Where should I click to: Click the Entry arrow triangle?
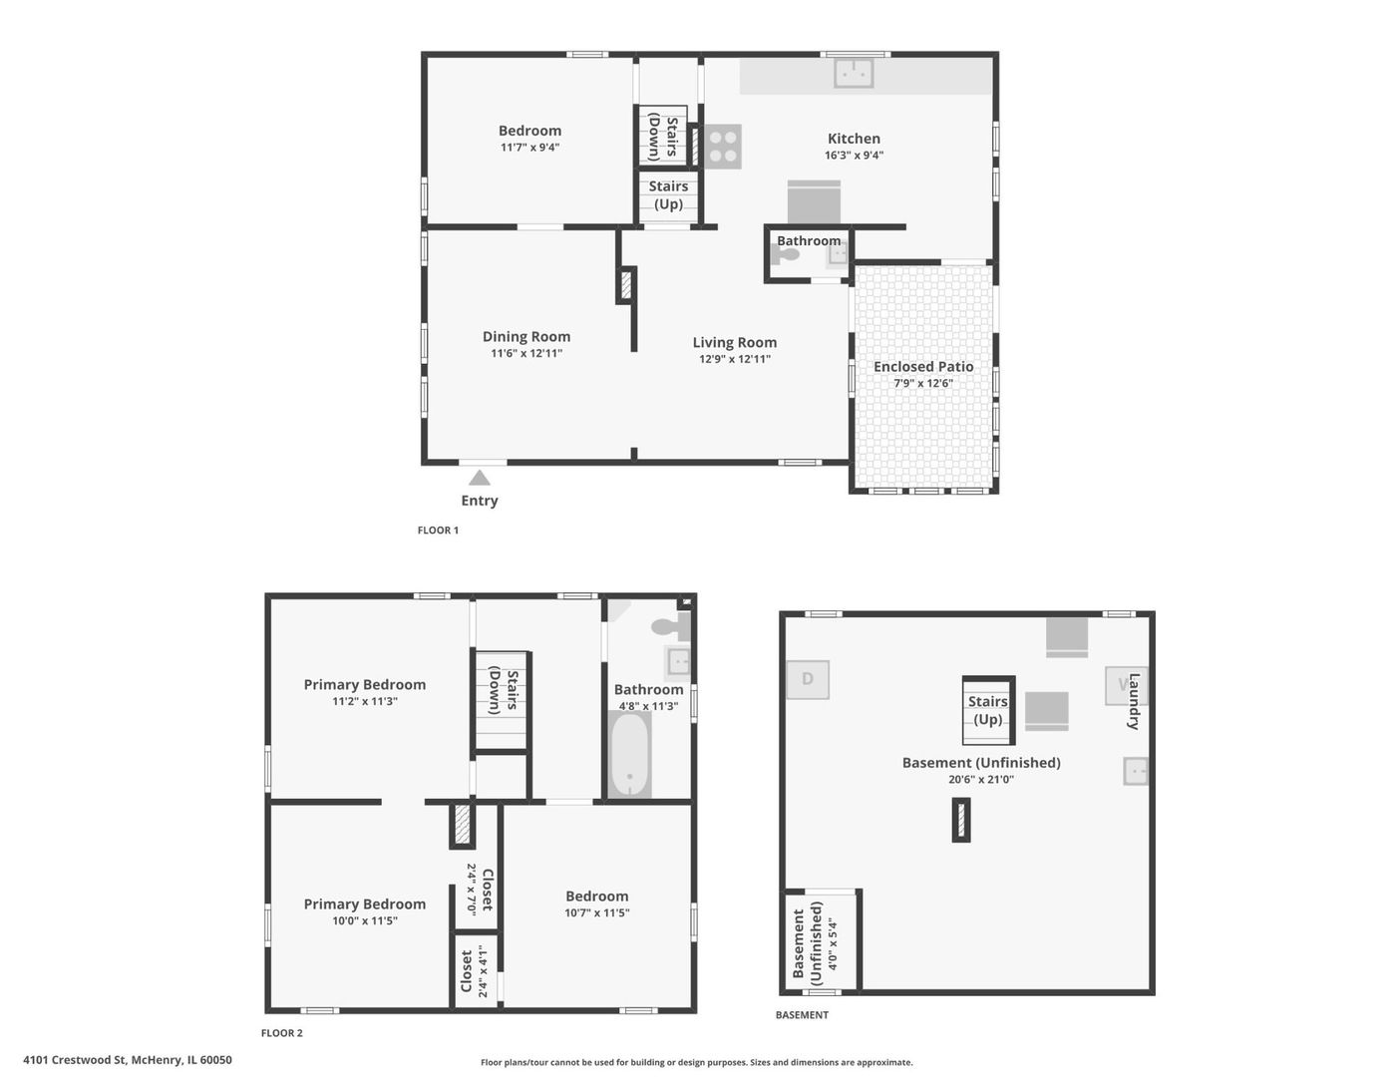pos(480,479)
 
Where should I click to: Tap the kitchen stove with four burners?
pos(723,146)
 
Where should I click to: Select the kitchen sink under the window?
pos(854,73)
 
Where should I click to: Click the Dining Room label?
pos(526,337)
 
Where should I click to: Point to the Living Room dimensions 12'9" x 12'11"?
pos(735,359)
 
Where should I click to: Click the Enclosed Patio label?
pos(923,367)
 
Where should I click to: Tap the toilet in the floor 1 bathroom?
pos(786,255)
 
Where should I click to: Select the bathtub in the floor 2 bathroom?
pos(629,754)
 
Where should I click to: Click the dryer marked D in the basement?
pos(808,679)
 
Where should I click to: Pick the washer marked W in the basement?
pos(1124,685)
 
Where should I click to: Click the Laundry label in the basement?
pos(1134,701)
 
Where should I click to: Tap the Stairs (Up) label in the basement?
pos(988,710)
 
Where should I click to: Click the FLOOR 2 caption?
pos(282,1033)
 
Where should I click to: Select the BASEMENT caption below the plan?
pos(802,1015)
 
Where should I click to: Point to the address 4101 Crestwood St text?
pos(128,1060)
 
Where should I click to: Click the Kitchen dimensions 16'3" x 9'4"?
pos(854,156)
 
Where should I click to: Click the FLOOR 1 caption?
pos(438,531)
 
